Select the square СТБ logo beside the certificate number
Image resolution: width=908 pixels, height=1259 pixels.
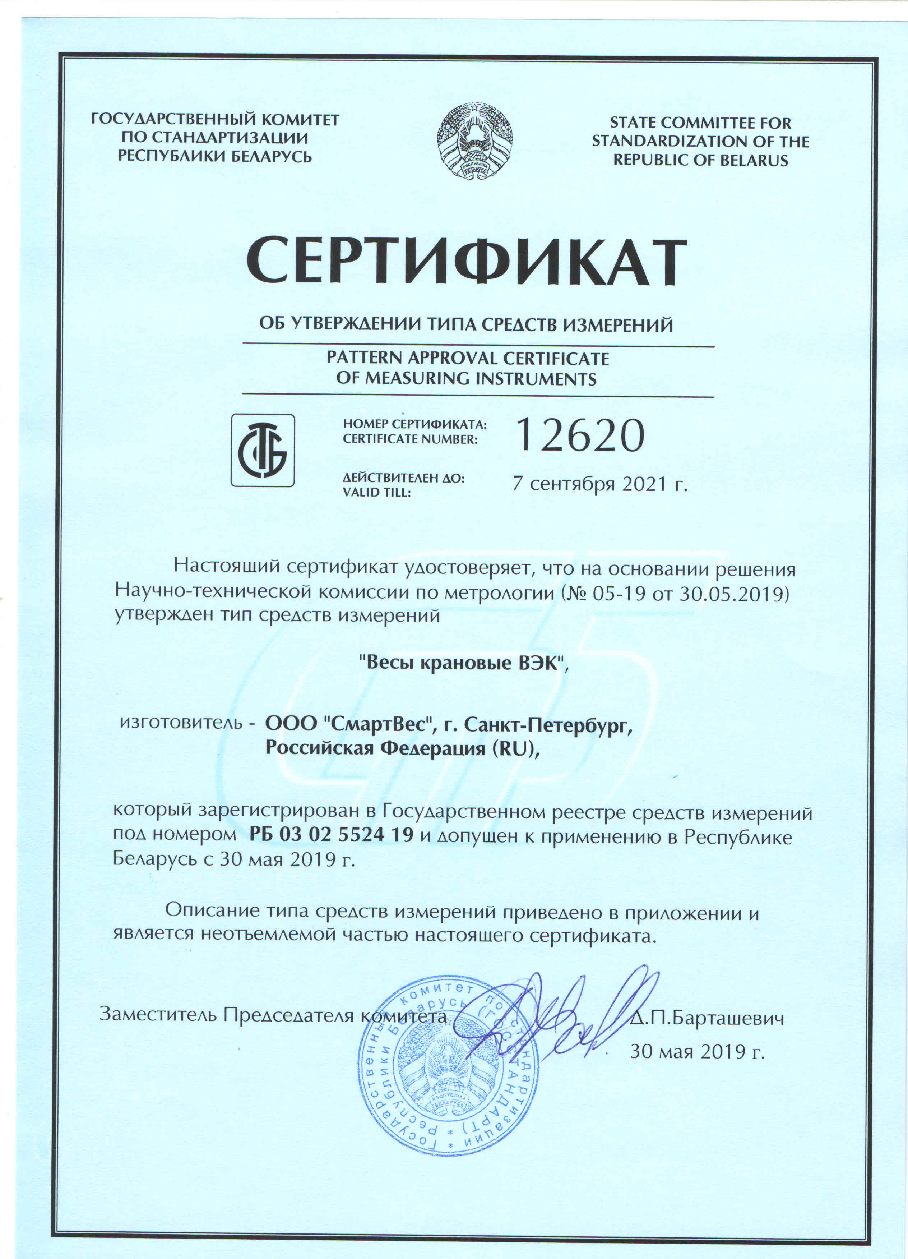263,450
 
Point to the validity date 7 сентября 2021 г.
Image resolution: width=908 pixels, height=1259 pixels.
600,484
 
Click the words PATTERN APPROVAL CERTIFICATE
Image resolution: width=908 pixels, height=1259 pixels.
467,359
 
